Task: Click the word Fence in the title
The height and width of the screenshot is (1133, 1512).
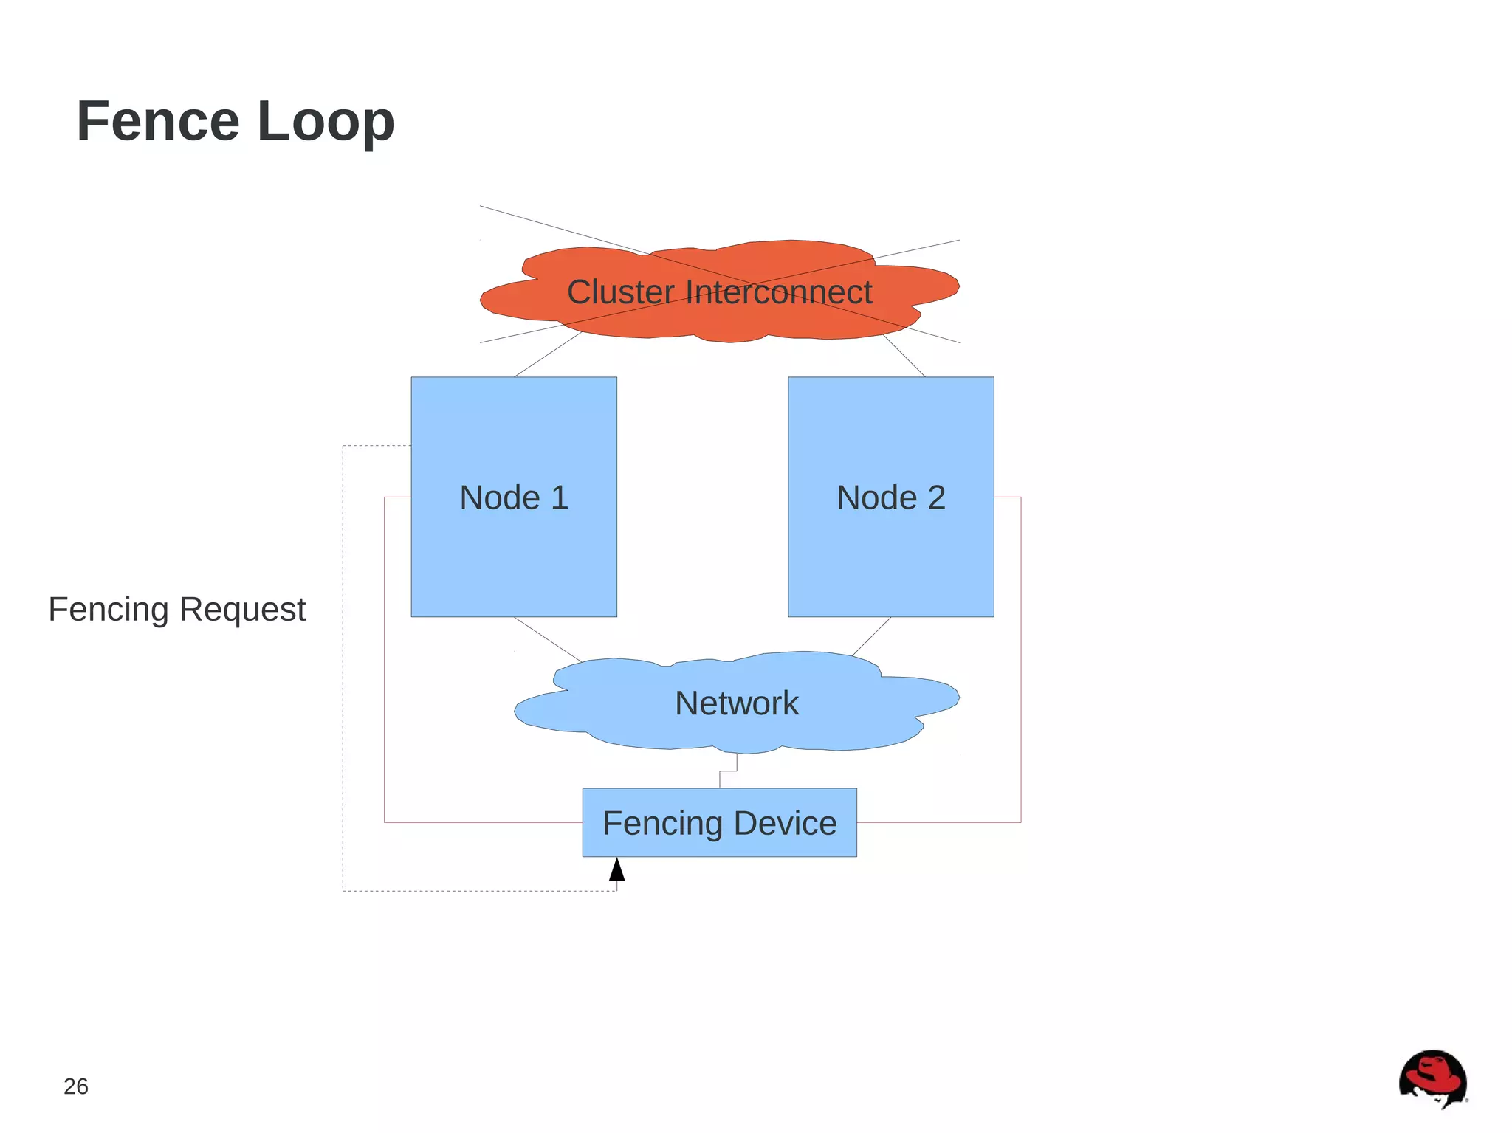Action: [158, 122]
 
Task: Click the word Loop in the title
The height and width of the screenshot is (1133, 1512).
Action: [326, 122]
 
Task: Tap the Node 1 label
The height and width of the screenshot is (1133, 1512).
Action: [514, 497]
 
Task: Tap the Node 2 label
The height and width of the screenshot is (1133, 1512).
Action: [890, 497]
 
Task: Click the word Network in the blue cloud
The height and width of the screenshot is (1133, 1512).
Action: [736, 703]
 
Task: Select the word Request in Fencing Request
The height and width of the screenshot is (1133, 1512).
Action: [242, 610]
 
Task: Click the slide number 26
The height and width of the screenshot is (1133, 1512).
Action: [76, 1086]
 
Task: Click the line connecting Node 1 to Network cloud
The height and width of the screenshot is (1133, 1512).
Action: [548, 639]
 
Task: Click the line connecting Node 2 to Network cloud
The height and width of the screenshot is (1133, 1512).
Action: [871, 636]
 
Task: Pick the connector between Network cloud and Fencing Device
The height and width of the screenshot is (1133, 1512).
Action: [728, 771]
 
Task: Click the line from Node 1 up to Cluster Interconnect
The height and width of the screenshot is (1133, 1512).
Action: [548, 354]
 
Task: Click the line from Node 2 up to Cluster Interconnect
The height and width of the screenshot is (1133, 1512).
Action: [904, 356]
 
